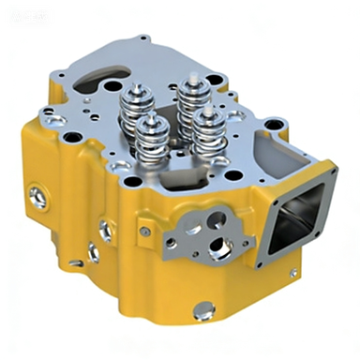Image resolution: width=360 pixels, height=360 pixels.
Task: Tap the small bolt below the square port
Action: [293, 273]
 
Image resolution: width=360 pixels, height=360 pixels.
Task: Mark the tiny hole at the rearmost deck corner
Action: [142, 38]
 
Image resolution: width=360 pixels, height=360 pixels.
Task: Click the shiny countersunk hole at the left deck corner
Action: [48, 119]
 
